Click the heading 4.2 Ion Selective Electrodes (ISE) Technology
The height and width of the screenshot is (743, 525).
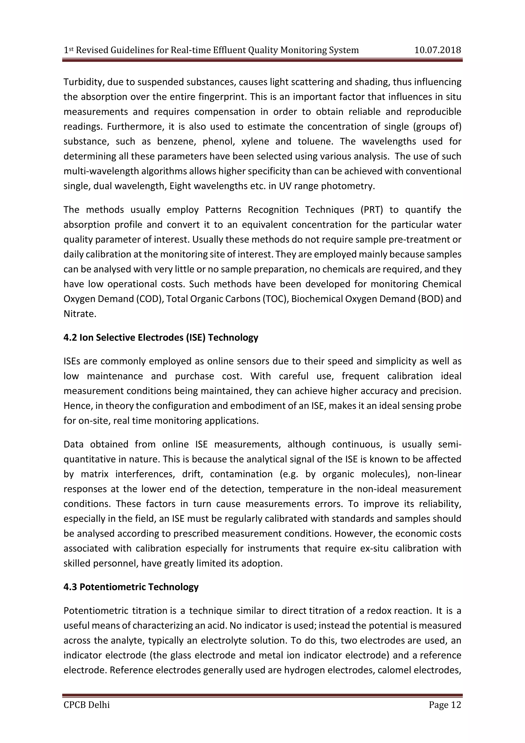click(x=161, y=338)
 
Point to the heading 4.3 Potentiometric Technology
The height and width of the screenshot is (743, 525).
click(x=131, y=587)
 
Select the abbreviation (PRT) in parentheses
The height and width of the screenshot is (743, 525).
click(x=371, y=210)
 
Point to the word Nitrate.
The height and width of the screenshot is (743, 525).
click(x=80, y=314)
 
